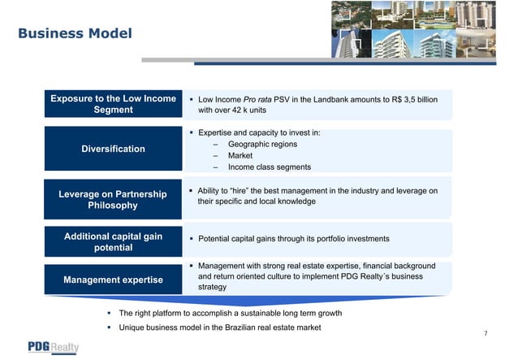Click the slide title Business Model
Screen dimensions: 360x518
(x=75, y=33)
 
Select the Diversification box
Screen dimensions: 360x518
(x=113, y=149)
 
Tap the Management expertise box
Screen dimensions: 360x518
(x=113, y=280)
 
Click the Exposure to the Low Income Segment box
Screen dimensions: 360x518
(x=113, y=105)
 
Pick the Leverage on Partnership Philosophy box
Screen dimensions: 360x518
(x=113, y=200)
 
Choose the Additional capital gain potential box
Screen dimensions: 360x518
(x=113, y=241)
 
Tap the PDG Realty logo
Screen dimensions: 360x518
(x=54, y=347)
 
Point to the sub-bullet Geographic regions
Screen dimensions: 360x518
(x=262, y=144)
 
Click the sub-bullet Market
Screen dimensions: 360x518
(x=240, y=155)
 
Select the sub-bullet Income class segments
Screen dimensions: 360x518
(x=270, y=167)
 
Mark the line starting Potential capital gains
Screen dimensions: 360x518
(x=293, y=239)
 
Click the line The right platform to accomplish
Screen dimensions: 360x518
(x=230, y=313)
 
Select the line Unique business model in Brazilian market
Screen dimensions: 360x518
(x=219, y=327)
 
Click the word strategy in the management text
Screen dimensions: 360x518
(x=213, y=287)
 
